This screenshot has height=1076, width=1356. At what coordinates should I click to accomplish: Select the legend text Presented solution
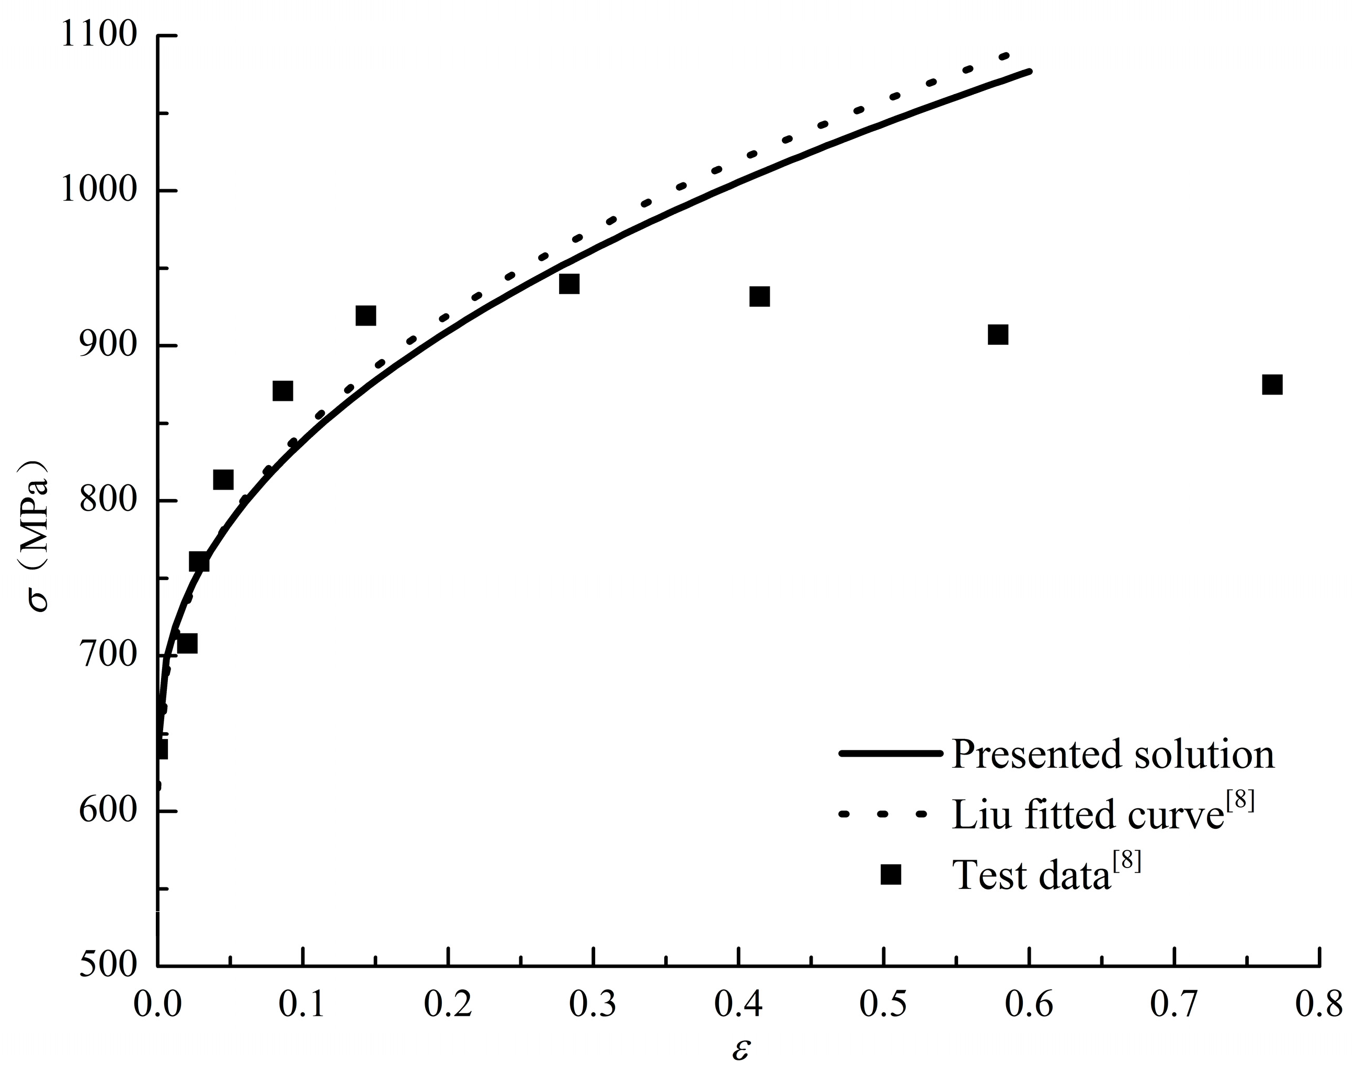pos(1113,754)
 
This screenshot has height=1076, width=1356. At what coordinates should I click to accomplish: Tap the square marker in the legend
pos(891,874)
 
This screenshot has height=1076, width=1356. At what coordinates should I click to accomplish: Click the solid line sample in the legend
pos(891,754)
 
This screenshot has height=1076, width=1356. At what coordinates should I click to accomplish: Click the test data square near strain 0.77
pos(1272,385)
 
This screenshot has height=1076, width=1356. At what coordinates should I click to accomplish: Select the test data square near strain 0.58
pos(997,334)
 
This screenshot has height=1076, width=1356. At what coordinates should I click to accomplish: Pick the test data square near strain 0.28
pos(568,284)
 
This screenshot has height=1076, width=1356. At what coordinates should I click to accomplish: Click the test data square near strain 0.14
pos(366,315)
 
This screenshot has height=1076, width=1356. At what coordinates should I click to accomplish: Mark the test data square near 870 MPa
pos(283,391)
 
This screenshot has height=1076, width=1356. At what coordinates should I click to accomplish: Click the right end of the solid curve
pos(1029,72)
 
